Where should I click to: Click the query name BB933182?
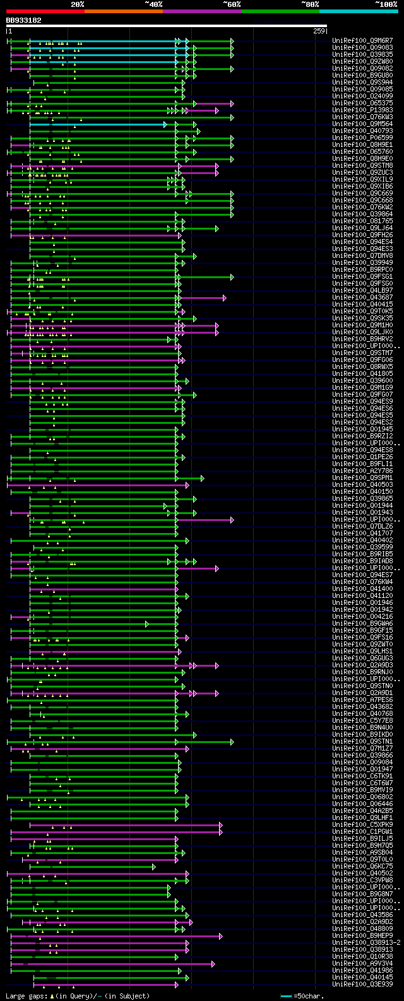24,20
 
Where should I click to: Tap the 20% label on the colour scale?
78,4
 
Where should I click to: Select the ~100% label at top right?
386,4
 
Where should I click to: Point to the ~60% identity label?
232,4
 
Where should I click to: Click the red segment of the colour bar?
45,11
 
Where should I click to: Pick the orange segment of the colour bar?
123,11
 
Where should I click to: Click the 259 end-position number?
319,31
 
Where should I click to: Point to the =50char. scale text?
309,996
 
